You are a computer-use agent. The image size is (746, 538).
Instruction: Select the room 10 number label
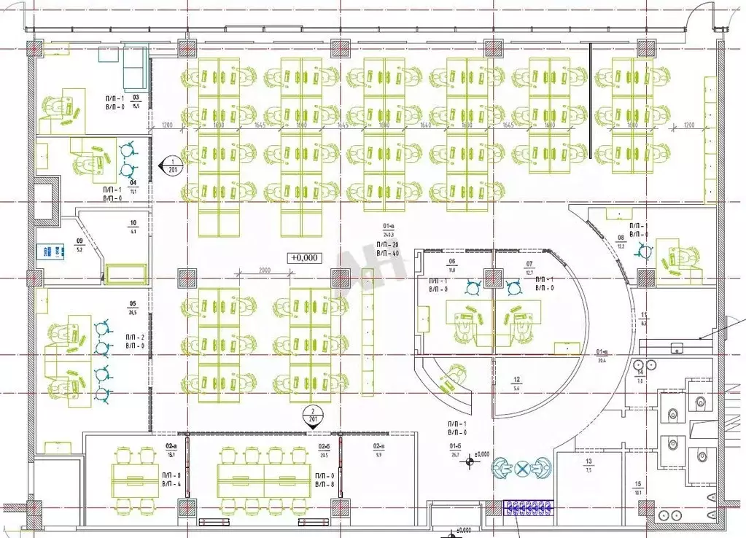pos(133,223)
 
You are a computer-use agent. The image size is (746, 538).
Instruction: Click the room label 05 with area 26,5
pos(133,304)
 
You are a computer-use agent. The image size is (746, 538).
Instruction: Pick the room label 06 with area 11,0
pos(451,262)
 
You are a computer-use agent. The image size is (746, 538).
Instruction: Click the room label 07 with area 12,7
pos(529,263)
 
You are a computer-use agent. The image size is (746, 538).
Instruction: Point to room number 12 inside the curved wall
pos(516,380)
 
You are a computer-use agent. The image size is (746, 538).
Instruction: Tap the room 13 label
pos(588,462)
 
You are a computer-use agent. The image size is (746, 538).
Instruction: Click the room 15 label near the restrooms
pos(637,485)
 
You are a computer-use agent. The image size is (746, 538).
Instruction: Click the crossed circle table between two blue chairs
pos(521,468)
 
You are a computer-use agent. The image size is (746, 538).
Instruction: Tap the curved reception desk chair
pos(455,375)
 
